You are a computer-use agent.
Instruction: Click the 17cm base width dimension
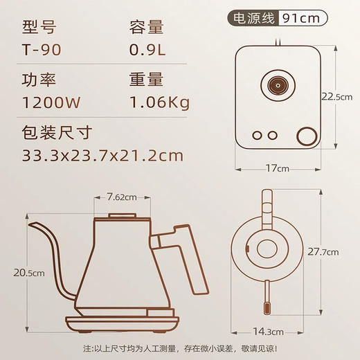coord(277,168)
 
